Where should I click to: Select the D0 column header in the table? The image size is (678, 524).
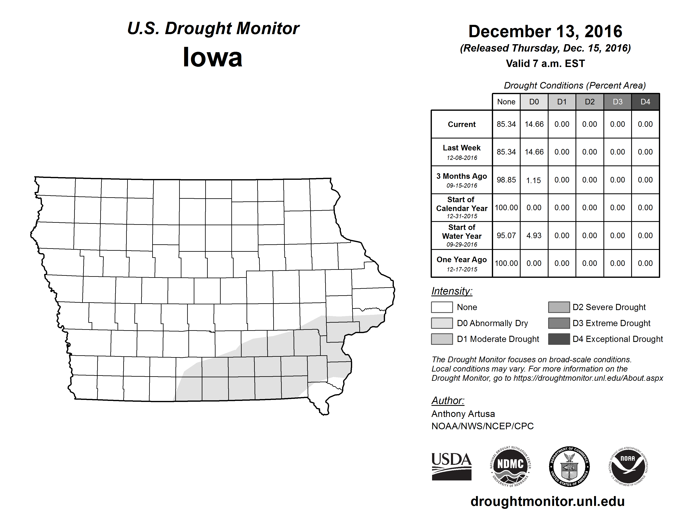point(534,102)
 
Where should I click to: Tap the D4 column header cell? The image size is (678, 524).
point(645,102)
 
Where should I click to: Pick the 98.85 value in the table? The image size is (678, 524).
point(506,180)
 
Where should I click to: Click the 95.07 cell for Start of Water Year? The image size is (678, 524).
point(506,236)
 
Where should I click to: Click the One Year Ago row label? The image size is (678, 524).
point(462,260)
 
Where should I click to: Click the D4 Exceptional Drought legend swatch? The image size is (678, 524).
point(559,339)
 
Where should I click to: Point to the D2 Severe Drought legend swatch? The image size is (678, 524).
point(559,307)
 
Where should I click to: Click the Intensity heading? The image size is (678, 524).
point(452,291)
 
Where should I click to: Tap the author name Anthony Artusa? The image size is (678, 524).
point(463,414)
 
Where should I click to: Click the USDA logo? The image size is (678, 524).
point(451,466)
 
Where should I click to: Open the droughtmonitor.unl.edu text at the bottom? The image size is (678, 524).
point(548,502)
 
